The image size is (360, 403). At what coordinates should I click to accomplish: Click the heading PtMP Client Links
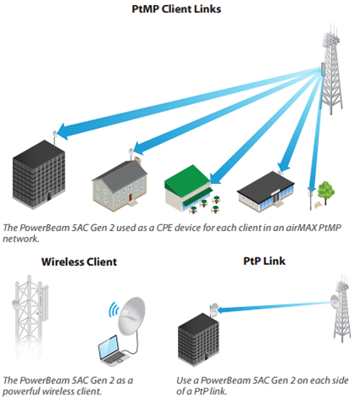(x=176, y=9)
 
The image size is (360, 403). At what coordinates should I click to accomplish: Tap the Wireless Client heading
(x=79, y=262)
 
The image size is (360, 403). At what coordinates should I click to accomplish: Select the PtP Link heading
(x=264, y=261)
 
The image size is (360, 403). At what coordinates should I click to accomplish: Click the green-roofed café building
(x=188, y=188)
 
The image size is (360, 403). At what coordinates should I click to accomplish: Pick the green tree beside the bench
(x=326, y=191)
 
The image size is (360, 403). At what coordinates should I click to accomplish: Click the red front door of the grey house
(x=130, y=197)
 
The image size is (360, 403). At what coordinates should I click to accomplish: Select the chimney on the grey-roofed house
(x=137, y=161)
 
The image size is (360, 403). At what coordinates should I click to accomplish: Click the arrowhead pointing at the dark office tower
(x=63, y=132)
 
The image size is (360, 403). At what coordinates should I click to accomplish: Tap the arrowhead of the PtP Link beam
(x=222, y=310)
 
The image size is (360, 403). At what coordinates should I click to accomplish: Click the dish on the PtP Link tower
(x=335, y=302)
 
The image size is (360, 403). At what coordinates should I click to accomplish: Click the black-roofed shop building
(x=266, y=192)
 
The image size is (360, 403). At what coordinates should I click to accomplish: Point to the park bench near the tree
(x=318, y=205)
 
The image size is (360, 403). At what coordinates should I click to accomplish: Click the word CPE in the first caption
(x=164, y=228)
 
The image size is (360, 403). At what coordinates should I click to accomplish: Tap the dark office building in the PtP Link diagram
(x=198, y=340)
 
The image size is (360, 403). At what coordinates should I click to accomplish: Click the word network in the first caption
(x=20, y=239)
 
